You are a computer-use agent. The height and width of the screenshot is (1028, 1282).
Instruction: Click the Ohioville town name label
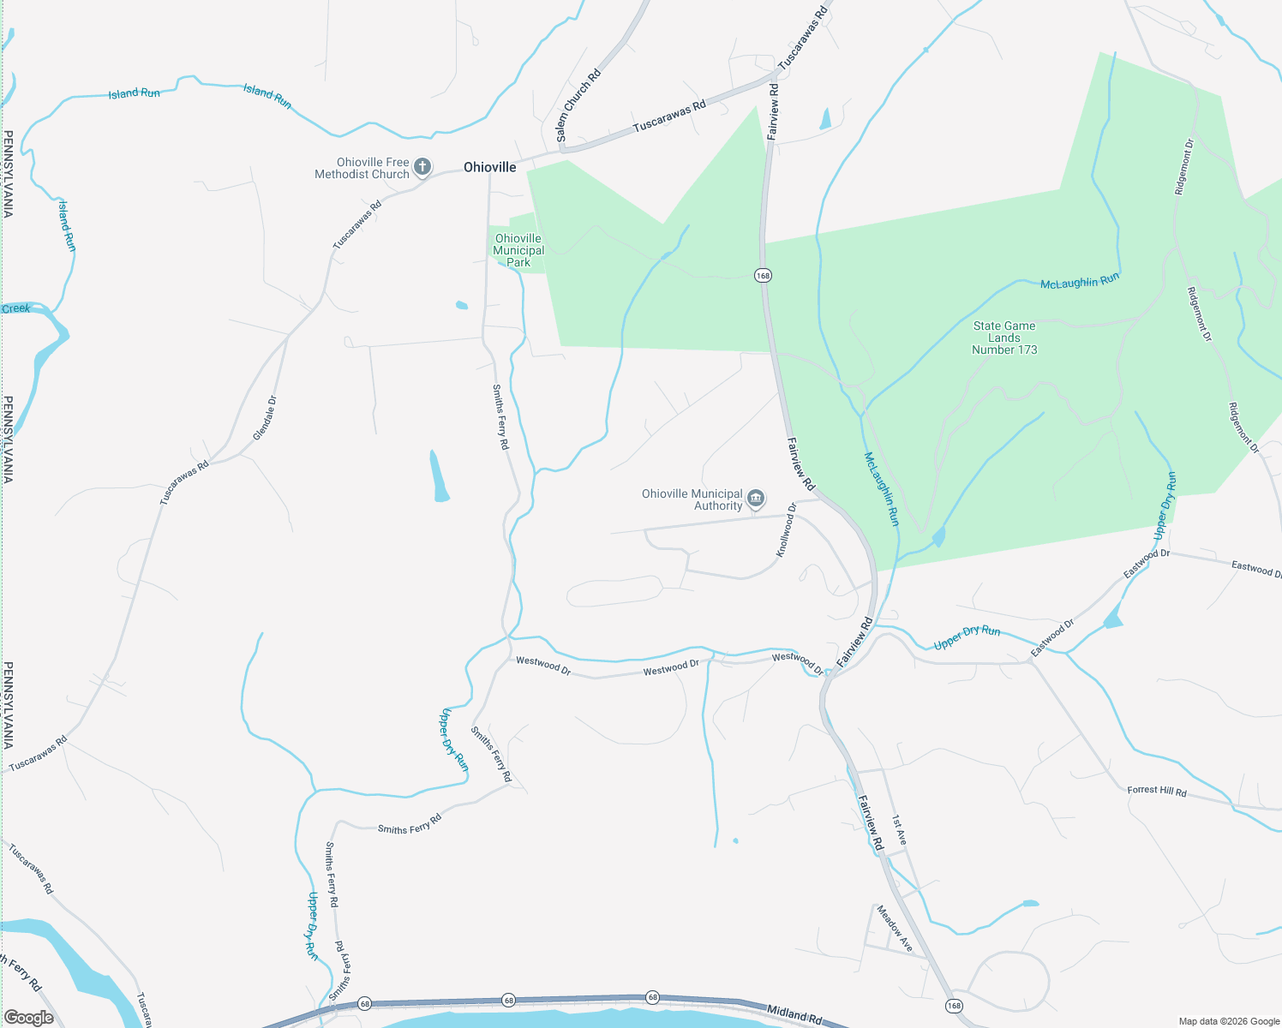[490, 167]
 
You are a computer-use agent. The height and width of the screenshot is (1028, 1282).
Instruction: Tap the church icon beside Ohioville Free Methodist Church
[422, 167]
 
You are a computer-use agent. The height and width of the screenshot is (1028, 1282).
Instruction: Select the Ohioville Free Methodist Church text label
[362, 168]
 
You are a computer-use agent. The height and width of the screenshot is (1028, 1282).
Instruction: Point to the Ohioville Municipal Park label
[518, 250]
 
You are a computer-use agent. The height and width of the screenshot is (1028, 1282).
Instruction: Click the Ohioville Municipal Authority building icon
[755, 499]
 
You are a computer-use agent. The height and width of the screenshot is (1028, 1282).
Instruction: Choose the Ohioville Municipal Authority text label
[692, 499]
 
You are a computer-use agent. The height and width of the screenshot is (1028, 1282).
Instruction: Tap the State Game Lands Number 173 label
[1004, 338]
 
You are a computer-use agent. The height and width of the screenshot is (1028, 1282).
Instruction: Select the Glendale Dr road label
[265, 418]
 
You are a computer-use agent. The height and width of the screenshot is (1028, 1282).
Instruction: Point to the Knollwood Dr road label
[786, 530]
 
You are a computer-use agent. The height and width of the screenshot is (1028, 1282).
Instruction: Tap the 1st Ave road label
[898, 830]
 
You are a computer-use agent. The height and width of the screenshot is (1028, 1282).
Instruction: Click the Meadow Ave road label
[894, 928]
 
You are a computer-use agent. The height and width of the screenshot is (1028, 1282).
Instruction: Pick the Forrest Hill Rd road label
[1157, 791]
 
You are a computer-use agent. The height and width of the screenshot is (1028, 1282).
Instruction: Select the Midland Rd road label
[794, 1014]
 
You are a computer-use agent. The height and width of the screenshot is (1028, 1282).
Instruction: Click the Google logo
[29, 1018]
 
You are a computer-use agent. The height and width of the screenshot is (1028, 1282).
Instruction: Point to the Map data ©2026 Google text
[1229, 1021]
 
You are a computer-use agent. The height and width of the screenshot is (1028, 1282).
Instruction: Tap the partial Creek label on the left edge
[15, 308]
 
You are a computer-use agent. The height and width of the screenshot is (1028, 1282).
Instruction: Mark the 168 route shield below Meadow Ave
[954, 1005]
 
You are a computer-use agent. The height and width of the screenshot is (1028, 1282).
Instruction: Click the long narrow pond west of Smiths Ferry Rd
[439, 475]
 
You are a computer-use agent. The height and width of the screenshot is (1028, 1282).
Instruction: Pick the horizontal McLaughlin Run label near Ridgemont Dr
[1079, 281]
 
